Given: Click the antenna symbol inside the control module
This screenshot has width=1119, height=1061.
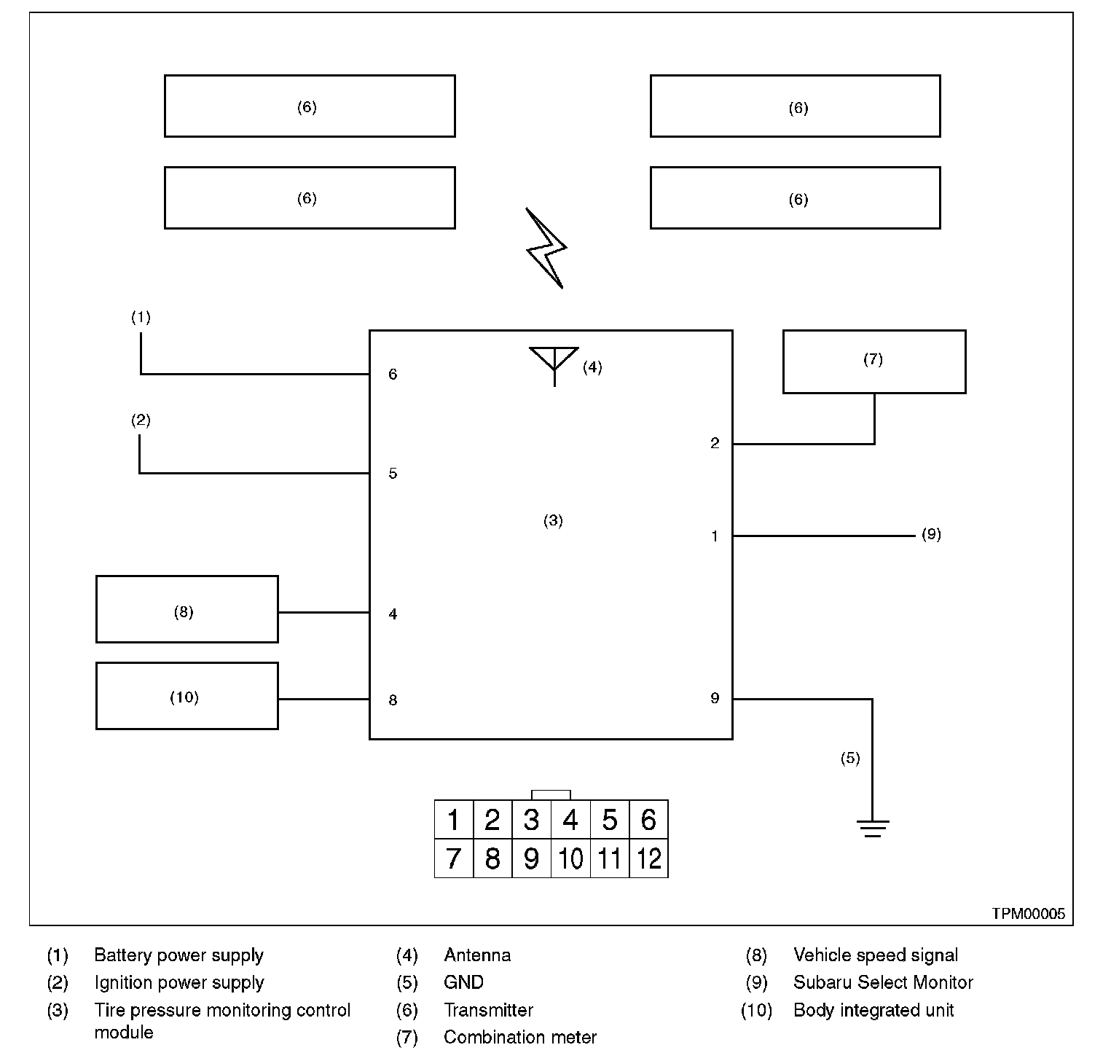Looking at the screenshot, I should click(554, 363).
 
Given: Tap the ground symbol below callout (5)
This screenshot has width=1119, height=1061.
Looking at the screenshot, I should click(872, 828).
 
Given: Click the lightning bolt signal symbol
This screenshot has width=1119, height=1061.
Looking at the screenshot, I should click(546, 248).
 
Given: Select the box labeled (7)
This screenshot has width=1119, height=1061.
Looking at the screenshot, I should click(874, 361).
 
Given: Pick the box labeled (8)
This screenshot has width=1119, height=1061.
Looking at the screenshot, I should click(186, 609).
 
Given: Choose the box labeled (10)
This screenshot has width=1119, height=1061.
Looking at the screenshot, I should click(186, 695).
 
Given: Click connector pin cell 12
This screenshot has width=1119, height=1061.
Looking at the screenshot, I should click(648, 858).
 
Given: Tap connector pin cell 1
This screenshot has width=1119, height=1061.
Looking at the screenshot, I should click(454, 820).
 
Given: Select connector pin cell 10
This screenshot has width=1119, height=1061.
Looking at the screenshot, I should click(570, 858).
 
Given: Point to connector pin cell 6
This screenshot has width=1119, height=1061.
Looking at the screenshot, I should click(648, 820).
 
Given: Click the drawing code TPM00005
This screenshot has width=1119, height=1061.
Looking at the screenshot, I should click(1028, 914).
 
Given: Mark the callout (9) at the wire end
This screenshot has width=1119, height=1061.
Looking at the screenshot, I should click(931, 534).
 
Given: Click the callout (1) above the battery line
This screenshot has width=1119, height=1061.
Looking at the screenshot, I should click(141, 317).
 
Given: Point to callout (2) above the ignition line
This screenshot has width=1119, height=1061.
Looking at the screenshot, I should click(141, 420).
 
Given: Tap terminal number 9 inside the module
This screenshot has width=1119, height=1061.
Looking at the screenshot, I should click(715, 698).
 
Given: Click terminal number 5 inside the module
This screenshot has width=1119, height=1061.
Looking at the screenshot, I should click(393, 474).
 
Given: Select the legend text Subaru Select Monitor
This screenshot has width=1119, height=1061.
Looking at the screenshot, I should click(883, 982).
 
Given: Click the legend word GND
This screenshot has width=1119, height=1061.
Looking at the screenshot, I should click(463, 982).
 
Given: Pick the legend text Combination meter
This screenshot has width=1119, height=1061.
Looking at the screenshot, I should click(520, 1037).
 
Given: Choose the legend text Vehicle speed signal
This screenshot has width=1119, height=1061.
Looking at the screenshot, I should click(876, 955).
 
